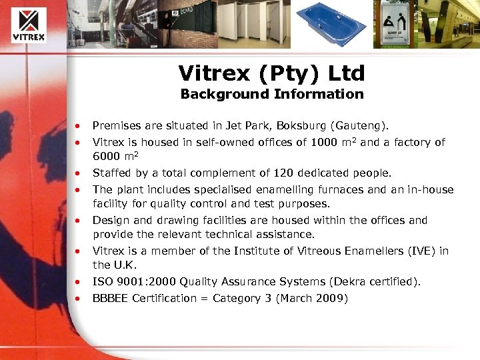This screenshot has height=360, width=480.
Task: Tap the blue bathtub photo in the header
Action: click(x=331, y=24)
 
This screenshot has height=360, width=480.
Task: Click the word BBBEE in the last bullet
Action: click(x=110, y=298)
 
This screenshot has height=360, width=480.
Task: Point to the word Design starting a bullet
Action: click(x=109, y=220)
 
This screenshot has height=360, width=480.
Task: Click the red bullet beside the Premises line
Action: click(x=78, y=126)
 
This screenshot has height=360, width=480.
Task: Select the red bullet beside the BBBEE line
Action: click(x=78, y=299)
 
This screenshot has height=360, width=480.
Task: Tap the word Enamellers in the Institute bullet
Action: click(x=382, y=251)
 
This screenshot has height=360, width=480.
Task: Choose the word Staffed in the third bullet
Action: click(x=111, y=173)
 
